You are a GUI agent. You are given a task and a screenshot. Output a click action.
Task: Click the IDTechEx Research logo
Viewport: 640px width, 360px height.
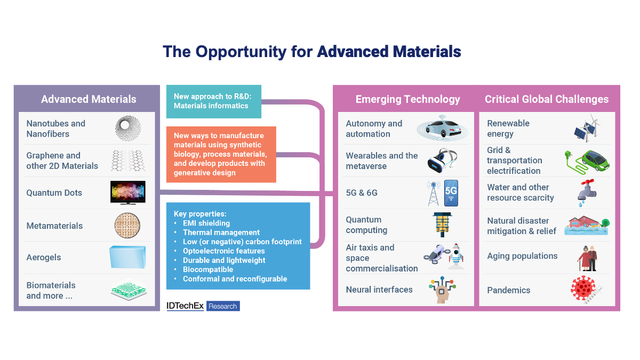[203, 306]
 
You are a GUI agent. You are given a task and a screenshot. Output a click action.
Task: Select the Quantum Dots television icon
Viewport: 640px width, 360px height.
[128, 193]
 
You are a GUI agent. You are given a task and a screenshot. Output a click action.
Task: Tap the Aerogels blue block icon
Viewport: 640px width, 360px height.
[128, 257]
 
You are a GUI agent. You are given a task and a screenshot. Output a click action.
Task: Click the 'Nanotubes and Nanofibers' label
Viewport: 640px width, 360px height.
[56, 129]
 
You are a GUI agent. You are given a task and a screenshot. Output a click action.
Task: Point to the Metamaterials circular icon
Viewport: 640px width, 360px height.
[128, 226]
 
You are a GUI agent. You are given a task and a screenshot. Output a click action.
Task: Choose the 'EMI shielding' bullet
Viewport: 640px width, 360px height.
[206, 223]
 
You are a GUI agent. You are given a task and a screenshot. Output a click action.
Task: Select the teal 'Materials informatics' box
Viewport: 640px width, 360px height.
[213, 101]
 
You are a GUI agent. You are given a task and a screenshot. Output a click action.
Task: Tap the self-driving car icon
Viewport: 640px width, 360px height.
[442, 129]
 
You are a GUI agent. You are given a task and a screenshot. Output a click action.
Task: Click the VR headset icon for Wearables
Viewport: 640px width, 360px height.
[442, 160]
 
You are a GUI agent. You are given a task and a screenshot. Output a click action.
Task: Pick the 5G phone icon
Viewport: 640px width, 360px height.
[451, 193]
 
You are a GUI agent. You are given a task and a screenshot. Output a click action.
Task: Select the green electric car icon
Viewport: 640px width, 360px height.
[587, 160]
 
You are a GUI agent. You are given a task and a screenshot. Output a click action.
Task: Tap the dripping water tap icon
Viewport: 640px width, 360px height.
[585, 193]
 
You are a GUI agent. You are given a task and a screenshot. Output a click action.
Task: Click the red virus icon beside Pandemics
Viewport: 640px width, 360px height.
[585, 290]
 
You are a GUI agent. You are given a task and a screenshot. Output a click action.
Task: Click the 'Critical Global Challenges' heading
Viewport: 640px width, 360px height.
[546, 99]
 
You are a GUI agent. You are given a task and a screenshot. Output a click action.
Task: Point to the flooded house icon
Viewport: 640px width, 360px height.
[586, 225]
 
